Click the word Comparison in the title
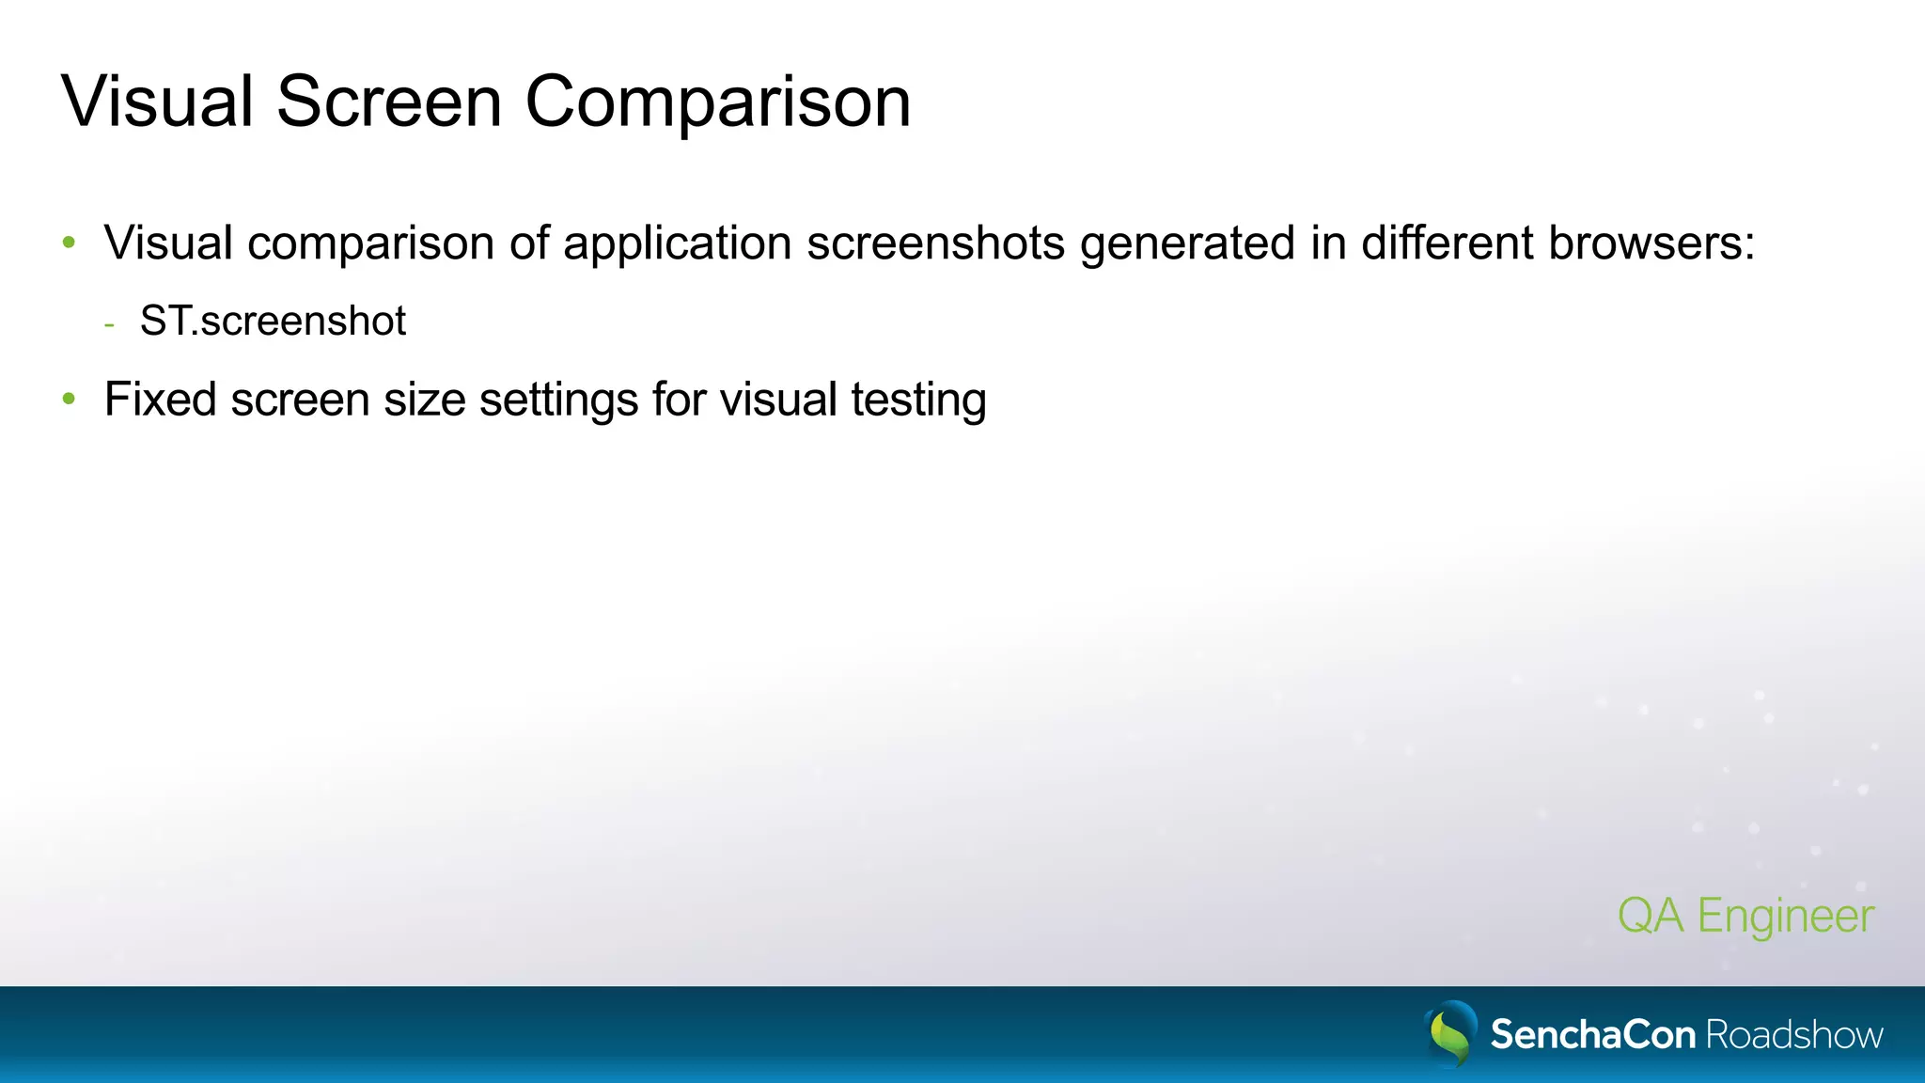coord(717,103)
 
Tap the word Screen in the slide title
coord(388,102)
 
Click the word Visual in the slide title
coord(157,102)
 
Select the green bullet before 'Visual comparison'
coord(69,243)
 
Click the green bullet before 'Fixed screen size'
coord(69,399)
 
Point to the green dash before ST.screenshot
coord(110,325)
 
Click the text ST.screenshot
coord(273,322)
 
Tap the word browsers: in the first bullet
coord(1651,243)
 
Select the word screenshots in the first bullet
coord(935,243)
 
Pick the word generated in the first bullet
coord(1187,244)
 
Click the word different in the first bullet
coord(1448,243)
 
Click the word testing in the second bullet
coord(918,400)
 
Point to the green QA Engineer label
coord(1745,916)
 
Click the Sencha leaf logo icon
coord(1450,1033)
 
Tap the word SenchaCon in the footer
coord(1592,1035)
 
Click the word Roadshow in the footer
coord(1794,1035)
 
